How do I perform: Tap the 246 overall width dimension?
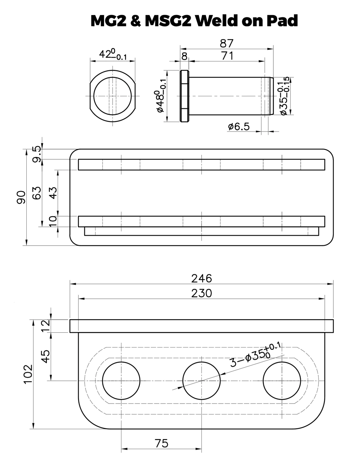coord(201,278)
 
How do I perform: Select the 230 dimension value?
coord(201,293)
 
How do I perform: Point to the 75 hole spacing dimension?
coord(161,443)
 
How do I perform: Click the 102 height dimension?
coord(28,374)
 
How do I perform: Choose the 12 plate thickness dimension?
coord(46,326)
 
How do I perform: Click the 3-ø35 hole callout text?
coord(255,355)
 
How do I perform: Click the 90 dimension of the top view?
coord(21,197)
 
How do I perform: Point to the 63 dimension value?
coord(37,193)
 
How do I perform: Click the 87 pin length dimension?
coord(227,44)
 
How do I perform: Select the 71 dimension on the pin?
coord(227,55)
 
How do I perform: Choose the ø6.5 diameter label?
coord(239,127)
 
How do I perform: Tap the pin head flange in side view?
coord(184,96)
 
